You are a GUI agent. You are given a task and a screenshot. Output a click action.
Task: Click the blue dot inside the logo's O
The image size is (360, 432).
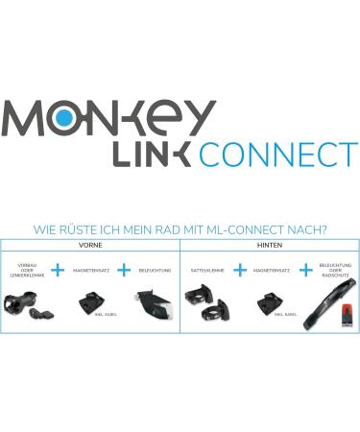(63, 116)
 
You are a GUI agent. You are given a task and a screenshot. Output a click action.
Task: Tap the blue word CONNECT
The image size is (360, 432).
(277, 154)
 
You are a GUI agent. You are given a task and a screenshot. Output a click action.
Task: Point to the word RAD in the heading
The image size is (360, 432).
(168, 230)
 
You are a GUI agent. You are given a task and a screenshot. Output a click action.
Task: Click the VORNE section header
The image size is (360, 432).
(89, 246)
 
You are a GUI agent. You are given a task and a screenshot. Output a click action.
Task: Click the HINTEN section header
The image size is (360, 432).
(270, 246)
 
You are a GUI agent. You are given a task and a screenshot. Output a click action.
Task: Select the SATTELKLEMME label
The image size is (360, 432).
(207, 272)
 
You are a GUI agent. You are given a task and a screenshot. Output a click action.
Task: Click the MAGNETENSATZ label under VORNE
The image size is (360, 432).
(91, 272)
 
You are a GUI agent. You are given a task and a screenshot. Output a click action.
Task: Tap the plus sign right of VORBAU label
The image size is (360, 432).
(59, 271)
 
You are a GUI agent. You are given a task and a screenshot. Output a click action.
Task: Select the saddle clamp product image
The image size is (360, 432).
(205, 304)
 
